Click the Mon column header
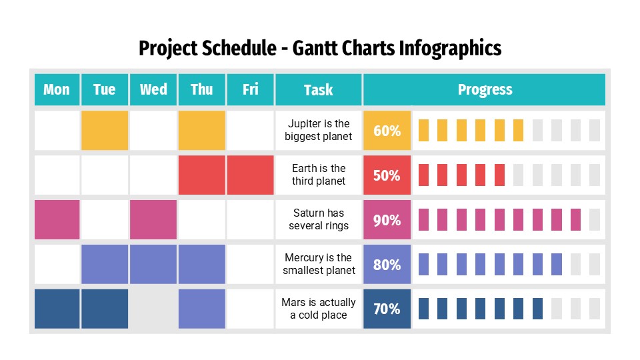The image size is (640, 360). coord(57,90)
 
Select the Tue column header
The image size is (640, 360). coord(105,90)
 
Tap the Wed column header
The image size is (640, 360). coord(153,90)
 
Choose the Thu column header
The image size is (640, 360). coord(201,90)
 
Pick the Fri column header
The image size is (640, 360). coord(250,90)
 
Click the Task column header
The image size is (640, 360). coord(318,90)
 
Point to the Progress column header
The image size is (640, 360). coord(485,90)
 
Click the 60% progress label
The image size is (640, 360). coord(387,131)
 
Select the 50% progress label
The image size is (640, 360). coord(387,175)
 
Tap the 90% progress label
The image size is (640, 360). coord(387,220)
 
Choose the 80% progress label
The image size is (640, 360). coord(387,265)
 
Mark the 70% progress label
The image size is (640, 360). coord(387,309)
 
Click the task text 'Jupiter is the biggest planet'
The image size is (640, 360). coord(319,131)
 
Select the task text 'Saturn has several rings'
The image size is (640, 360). coord(319,219)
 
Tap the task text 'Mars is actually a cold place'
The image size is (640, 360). coord(319,309)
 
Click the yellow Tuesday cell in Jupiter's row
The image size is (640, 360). coord(105,131)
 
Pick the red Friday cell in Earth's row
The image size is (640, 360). coord(250,175)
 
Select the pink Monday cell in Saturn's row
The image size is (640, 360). coord(57,219)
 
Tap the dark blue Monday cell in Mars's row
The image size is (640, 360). coord(57,309)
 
